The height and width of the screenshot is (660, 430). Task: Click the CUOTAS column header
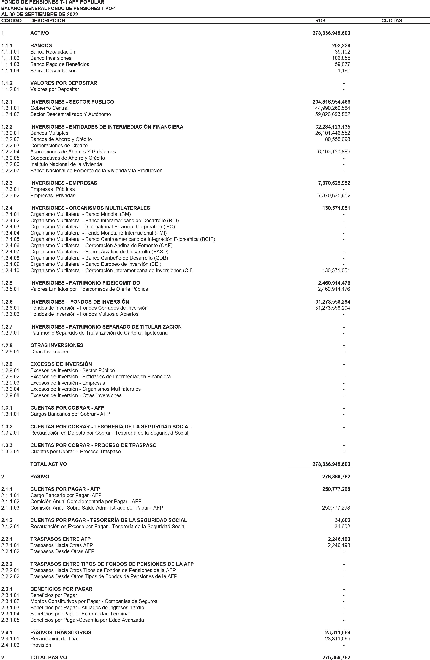[391, 21]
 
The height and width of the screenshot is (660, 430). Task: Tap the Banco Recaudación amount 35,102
[342, 52]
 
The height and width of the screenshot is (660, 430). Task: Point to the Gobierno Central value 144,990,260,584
[331, 108]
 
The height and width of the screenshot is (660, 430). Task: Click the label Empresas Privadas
[53, 196]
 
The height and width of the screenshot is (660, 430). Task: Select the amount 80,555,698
[337, 139]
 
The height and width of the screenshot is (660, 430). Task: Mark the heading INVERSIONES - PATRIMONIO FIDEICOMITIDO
[85, 283]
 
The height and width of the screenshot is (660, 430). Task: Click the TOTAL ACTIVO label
[48, 464]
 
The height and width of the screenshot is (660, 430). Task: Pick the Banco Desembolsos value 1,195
[344, 71]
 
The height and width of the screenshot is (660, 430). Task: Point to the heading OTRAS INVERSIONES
[57, 345]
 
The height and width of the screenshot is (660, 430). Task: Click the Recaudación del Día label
[54, 639]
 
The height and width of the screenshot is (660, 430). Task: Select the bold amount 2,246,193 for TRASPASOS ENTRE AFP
[339, 539]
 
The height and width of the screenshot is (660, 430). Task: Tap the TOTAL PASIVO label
[48, 657]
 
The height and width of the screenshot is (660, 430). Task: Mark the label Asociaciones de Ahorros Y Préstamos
[73, 152]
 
